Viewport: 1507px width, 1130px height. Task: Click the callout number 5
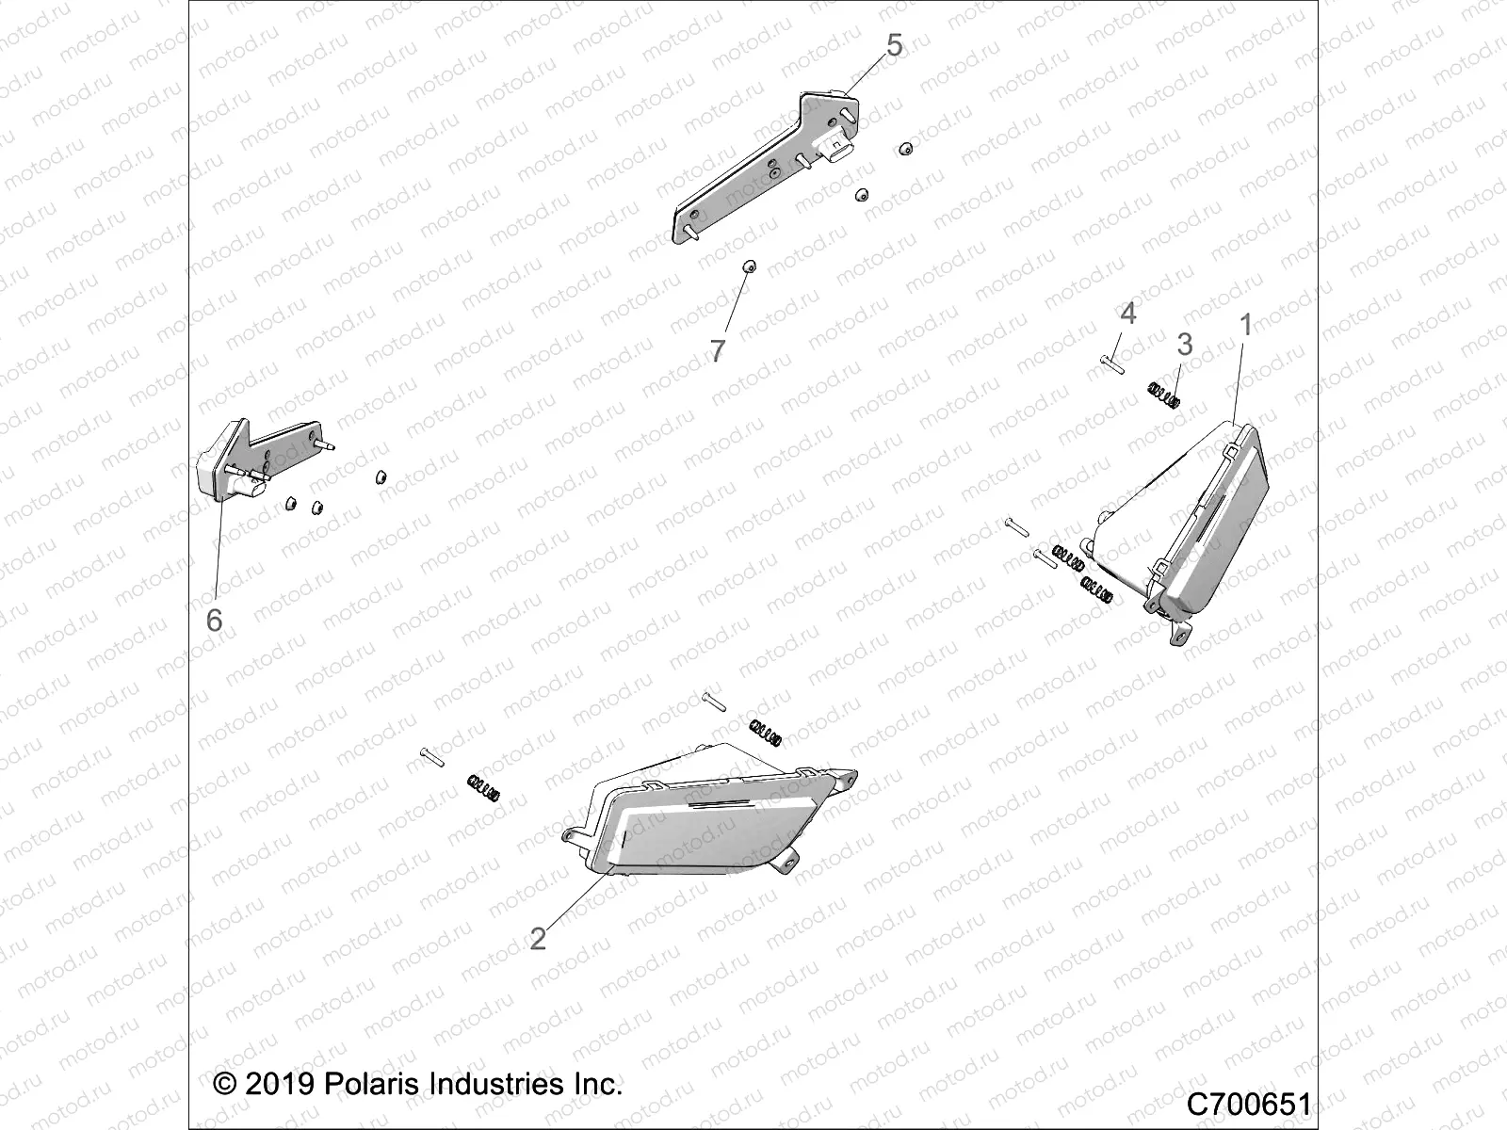(894, 44)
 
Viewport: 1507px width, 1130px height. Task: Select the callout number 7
(718, 351)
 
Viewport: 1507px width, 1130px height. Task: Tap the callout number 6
(215, 620)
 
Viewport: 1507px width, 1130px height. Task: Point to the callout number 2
(538, 939)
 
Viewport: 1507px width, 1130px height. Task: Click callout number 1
(1246, 326)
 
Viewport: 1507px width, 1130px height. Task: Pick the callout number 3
(1185, 345)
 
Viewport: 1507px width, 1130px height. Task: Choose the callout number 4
(1127, 313)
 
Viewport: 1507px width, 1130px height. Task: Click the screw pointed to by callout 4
(1110, 363)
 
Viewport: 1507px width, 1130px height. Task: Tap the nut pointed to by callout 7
(748, 293)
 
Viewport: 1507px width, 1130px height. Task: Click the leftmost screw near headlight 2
(433, 757)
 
